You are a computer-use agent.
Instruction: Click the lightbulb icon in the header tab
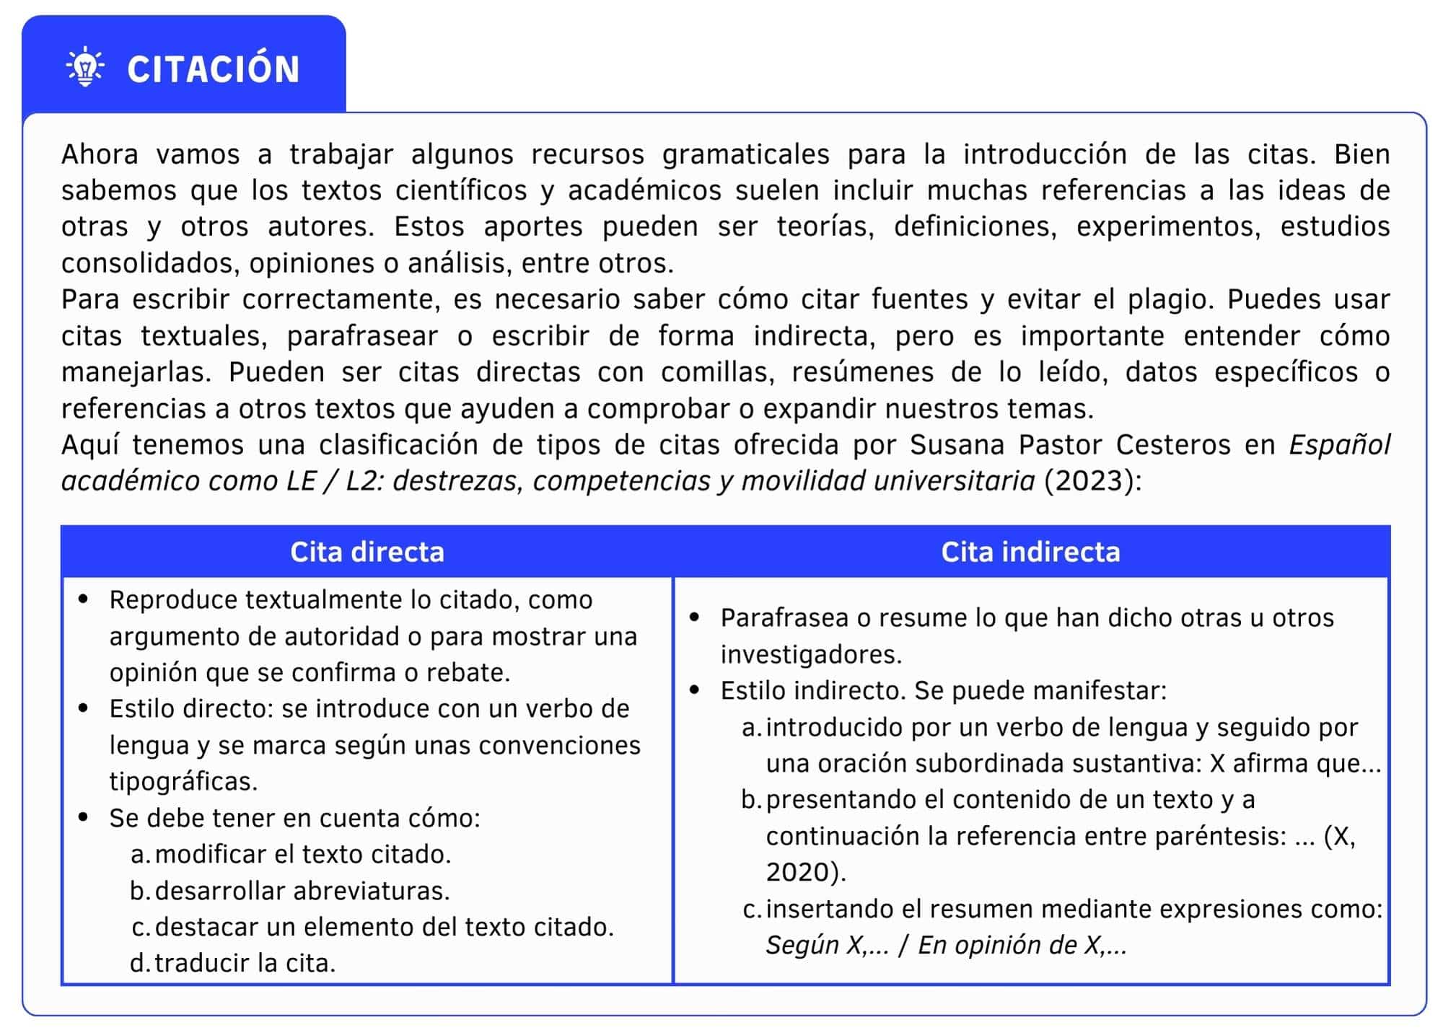tap(85, 67)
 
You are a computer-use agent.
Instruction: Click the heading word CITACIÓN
tap(214, 69)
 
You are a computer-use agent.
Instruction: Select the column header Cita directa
tap(367, 552)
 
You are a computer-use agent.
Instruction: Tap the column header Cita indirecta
tap(1030, 552)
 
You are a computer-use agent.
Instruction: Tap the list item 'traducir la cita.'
tap(245, 963)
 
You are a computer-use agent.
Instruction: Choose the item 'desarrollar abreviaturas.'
tap(302, 891)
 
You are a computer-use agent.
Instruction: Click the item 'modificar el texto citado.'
tap(302, 854)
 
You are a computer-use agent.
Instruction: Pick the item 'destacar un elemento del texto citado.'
tap(384, 927)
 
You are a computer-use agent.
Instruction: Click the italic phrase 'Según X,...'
tap(827, 945)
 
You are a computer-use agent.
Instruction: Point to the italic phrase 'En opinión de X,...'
tap(1022, 945)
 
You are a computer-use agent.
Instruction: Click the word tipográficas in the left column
tap(183, 781)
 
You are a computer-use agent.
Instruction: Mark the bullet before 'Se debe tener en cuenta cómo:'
tap(84, 817)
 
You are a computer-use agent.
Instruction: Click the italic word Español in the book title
tap(1339, 445)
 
